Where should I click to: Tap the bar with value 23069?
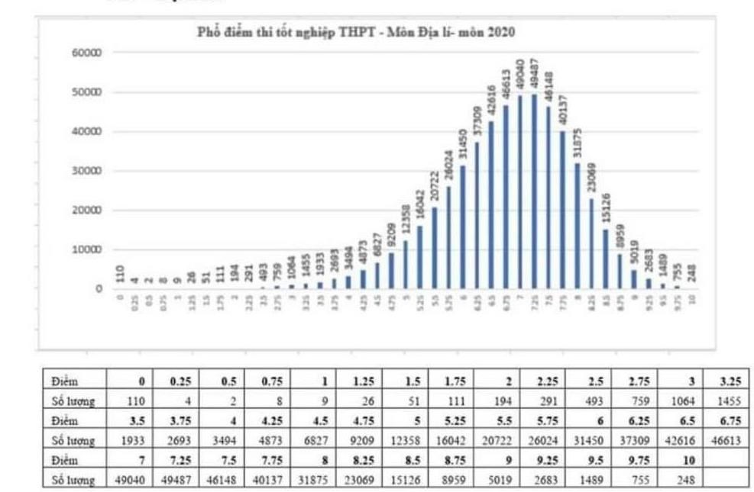pyautogui.click(x=591, y=243)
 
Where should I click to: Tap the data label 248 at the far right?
pyautogui.click(x=691, y=273)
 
